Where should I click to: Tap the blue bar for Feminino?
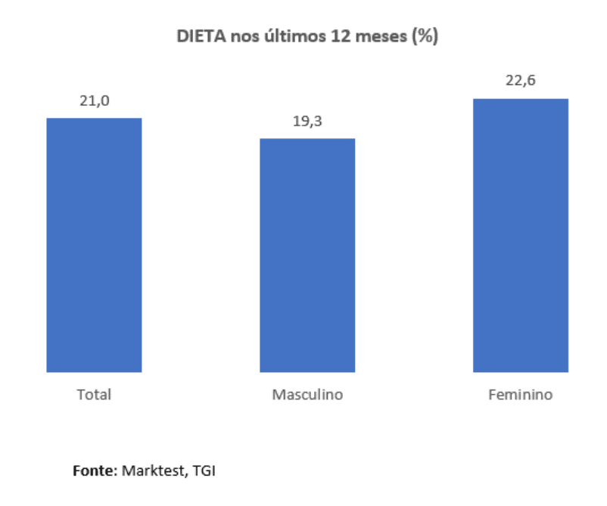pyautogui.click(x=521, y=235)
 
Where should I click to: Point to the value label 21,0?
pyautogui.click(x=95, y=101)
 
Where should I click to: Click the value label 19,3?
pyautogui.click(x=308, y=122)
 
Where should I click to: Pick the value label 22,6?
pyautogui.click(x=521, y=82)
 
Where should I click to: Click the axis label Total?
pyautogui.click(x=94, y=395)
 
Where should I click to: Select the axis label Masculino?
pyautogui.click(x=307, y=395)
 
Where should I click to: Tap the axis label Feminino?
pyautogui.click(x=521, y=395)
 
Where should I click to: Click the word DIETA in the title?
pyautogui.click(x=198, y=36)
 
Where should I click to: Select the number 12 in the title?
pyautogui.click(x=340, y=36)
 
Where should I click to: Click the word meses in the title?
pyautogui.click(x=381, y=36)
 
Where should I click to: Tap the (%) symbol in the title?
pyautogui.click(x=425, y=36)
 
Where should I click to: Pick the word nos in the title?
pyautogui.click(x=241, y=36)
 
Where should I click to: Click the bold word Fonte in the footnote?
pyautogui.click(x=94, y=470)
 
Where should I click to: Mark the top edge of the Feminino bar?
pyautogui.click(x=521, y=99)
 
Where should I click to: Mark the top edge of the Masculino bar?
pyautogui.click(x=307, y=139)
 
